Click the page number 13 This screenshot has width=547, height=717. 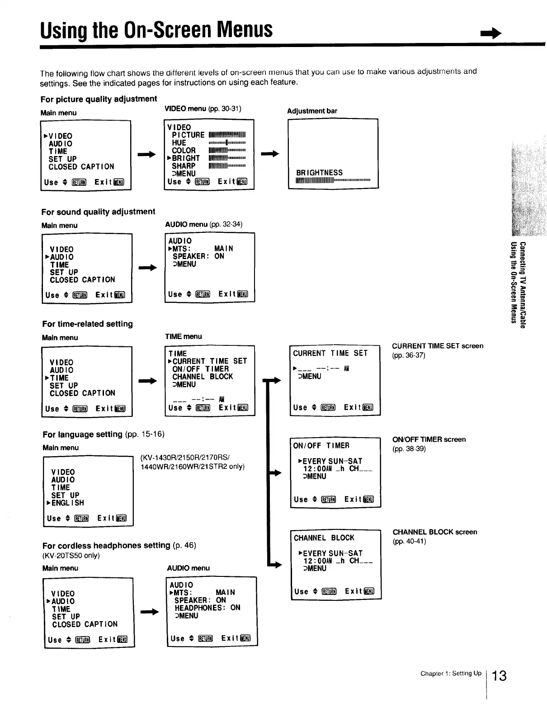point(499,676)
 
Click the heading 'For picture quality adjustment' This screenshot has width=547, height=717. point(99,99)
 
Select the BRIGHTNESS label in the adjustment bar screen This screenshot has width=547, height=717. point(319,173)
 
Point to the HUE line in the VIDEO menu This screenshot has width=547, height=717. point(179,143)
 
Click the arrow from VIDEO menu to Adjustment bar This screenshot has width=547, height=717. point(270,154)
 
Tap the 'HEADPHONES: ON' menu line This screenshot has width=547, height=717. point(207,608)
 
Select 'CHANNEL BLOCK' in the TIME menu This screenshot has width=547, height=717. point(203,377)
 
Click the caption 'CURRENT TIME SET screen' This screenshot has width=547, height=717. point(437,346)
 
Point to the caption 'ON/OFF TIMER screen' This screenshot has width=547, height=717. point(429,439)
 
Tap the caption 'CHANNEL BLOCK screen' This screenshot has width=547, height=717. point(434,532)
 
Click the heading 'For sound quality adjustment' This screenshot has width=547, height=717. point(98,212)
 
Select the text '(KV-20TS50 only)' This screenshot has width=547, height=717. point(71,556)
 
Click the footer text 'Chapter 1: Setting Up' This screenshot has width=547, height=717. point(451,674)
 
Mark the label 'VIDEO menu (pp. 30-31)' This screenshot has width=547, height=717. point(203,108)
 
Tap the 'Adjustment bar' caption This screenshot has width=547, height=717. point(312,111)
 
